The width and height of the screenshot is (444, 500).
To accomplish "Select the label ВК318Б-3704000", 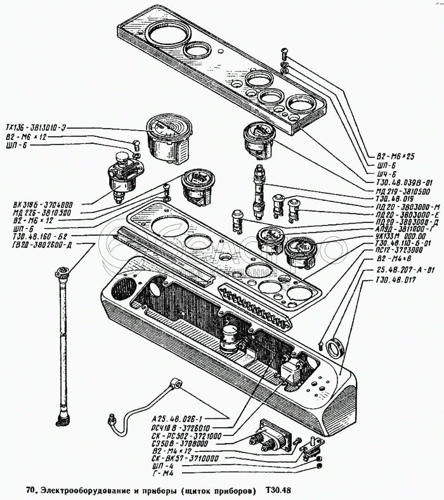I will point(39,205).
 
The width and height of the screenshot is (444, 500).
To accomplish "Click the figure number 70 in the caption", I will point(30,490).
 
